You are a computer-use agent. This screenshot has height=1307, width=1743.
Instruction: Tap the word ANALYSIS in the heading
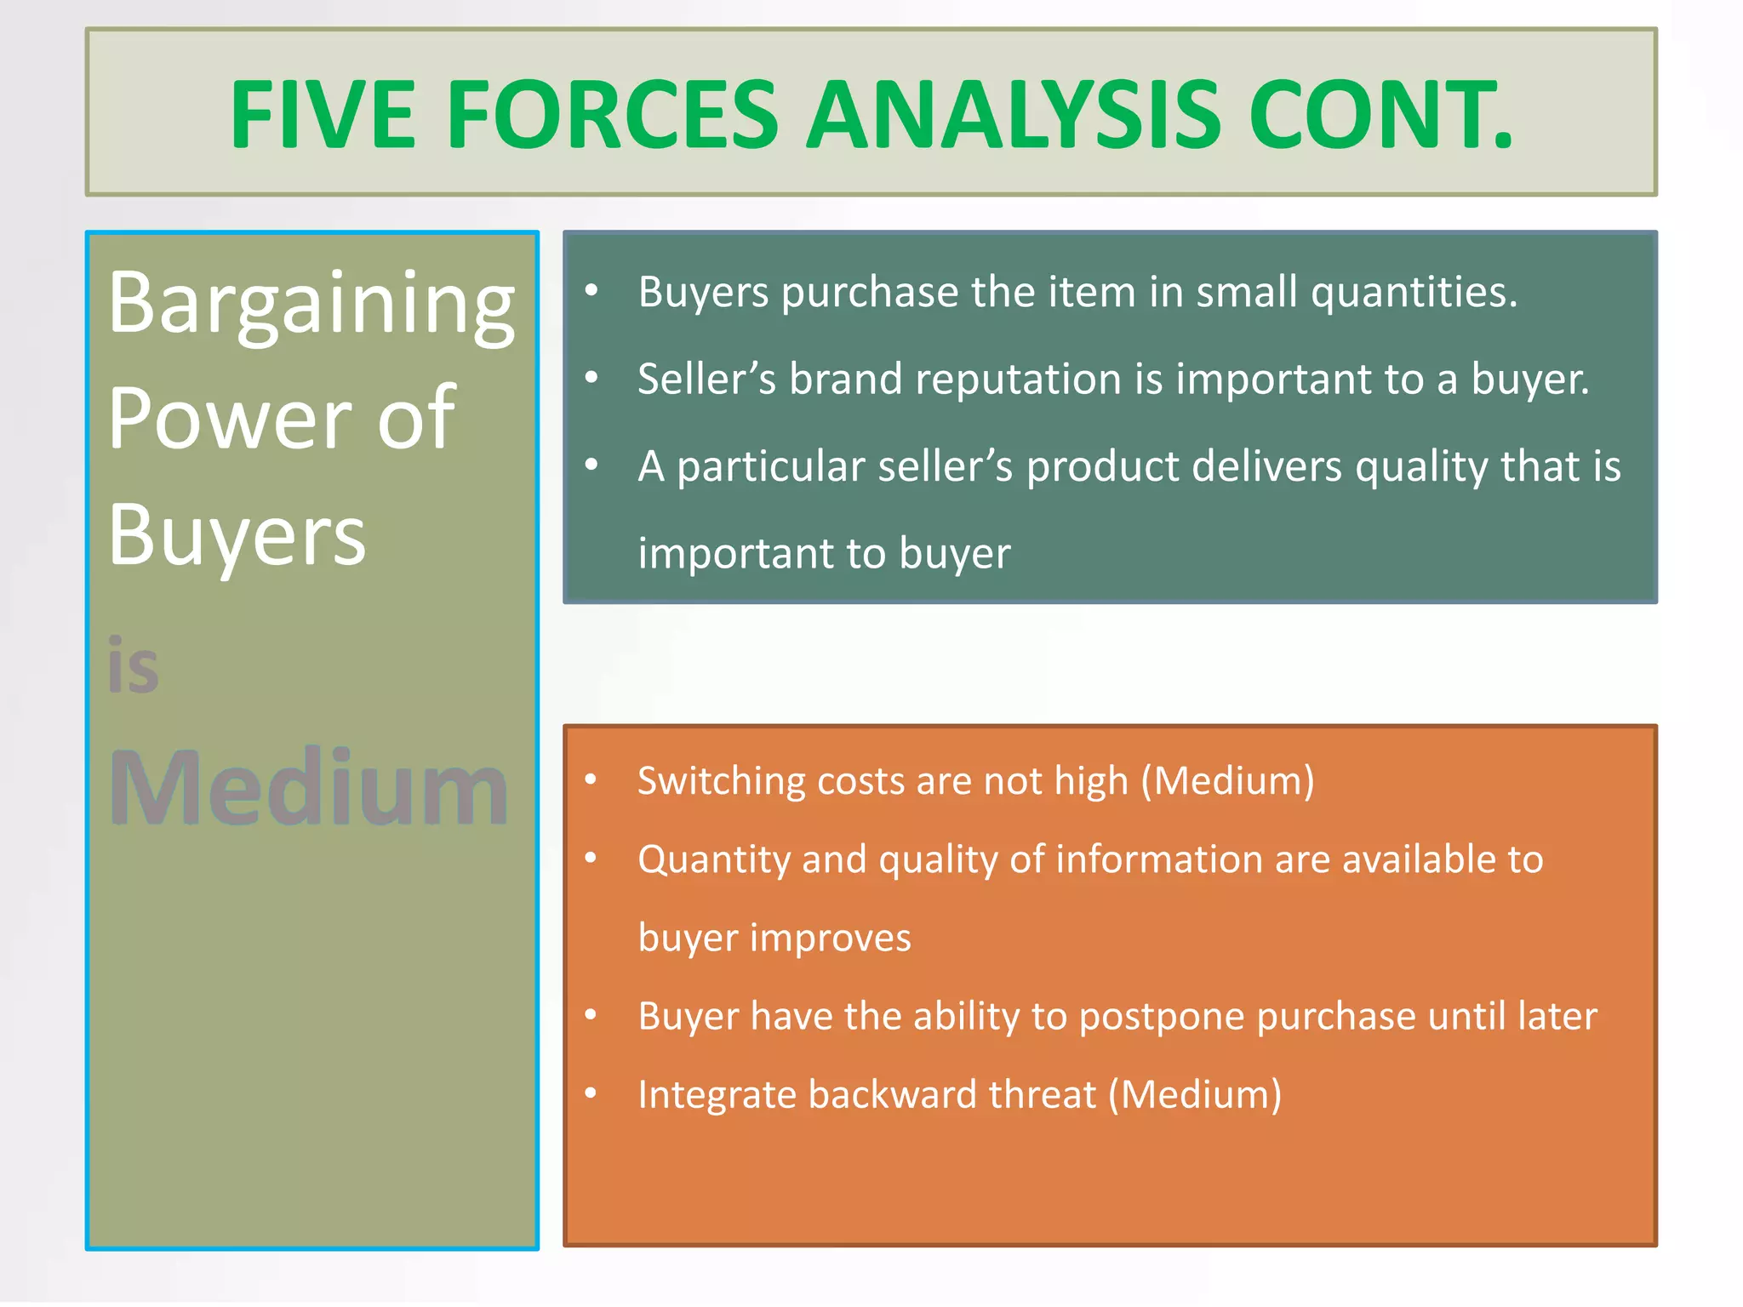1014,115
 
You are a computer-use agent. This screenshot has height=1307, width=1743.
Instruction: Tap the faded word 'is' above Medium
133,666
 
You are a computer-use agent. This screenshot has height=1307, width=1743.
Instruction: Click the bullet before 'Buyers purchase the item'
591,291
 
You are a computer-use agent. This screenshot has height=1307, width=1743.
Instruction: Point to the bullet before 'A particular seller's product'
591,465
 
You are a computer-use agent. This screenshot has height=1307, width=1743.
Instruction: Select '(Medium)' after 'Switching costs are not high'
1227,781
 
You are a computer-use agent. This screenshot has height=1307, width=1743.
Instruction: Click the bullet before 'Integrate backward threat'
591,1093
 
